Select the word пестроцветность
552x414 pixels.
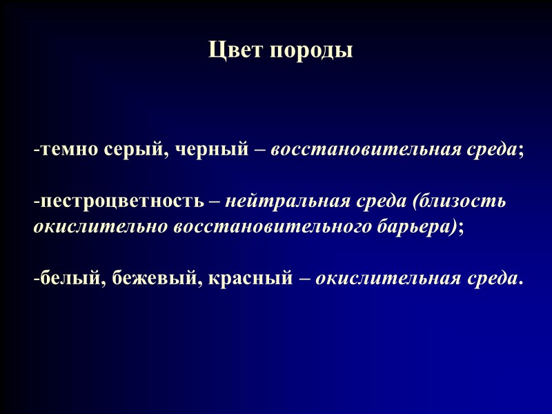pyautogui.click(x=121, y=202)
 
